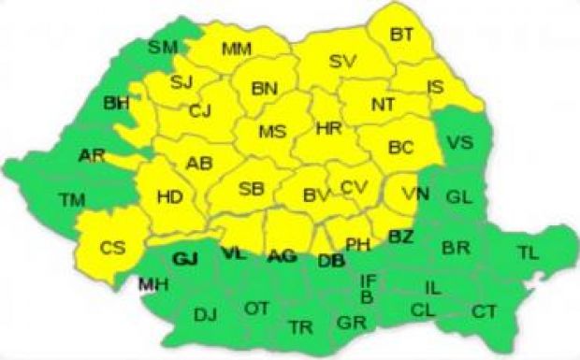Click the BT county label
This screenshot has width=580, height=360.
point(402,35)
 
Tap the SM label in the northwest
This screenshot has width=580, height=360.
point(163,47)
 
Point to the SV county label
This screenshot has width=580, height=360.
point(343,62)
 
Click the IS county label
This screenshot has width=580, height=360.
point(435,87)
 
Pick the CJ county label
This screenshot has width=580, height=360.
point(200,110)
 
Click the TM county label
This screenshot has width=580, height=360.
point(71,199)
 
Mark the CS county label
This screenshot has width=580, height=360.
point(112,248)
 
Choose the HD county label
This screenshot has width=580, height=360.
point(169,197)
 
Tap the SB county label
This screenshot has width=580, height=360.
point(251,190)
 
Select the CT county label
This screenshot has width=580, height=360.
point(484,311)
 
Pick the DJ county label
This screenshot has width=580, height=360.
point(205,315)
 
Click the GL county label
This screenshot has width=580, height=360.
point(458,197)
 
